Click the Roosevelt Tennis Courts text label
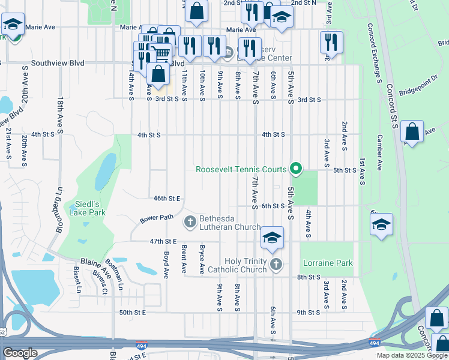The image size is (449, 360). point(241,169)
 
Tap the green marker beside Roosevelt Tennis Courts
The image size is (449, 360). point(295,169)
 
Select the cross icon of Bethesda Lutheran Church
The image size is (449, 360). point(190,223)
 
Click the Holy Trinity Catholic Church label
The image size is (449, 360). point(245,265)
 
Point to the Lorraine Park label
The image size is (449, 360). point(328,263)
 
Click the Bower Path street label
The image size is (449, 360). point(157,218)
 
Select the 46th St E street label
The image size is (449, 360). point(167,198)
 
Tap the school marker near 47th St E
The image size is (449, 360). point(272,238)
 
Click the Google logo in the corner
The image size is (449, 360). point(20,353)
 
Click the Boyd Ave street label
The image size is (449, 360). point(166,265)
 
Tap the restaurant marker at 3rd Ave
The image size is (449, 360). point(331,43)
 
